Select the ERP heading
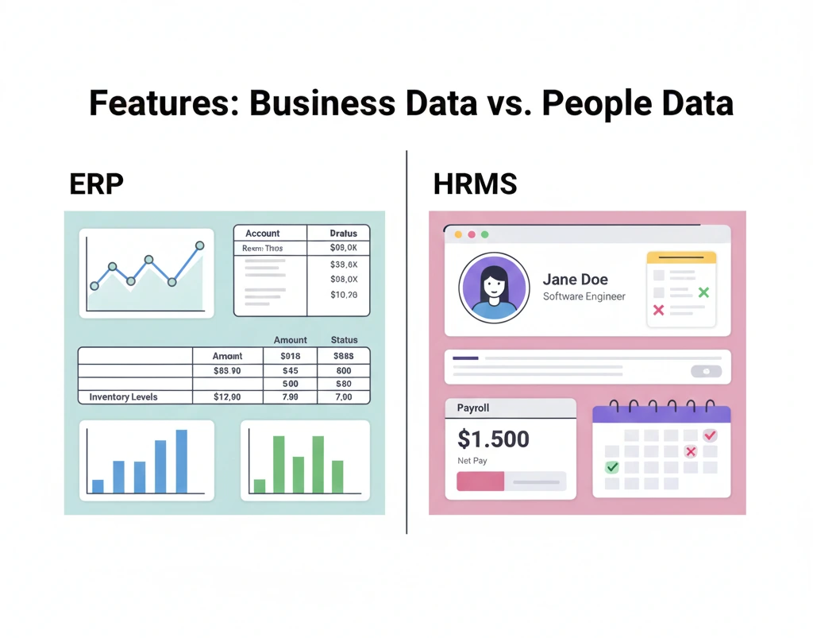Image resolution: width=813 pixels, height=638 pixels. [96, 184]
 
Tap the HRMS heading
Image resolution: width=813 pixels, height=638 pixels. [475, 184]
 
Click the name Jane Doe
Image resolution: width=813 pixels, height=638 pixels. [576, 280]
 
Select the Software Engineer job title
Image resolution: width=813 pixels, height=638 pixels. [584, 296]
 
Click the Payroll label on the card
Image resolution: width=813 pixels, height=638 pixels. [473, 408]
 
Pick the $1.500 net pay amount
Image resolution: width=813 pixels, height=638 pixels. [493, 439]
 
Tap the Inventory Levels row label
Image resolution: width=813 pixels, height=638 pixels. [123, 396]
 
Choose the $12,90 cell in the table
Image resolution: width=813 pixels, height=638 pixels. [227, 396]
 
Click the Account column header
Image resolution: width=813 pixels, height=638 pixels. [262, 234]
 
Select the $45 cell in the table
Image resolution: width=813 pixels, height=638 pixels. [290, 370]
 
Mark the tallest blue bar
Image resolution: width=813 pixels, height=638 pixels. [181, 461]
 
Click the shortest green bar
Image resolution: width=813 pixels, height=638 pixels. [259, 485]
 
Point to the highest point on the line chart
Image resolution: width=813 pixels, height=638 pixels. [199, 246]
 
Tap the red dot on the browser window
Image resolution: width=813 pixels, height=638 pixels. [471, 234]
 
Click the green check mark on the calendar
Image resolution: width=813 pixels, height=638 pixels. [611, 467]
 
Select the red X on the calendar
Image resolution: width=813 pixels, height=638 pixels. [691, 451]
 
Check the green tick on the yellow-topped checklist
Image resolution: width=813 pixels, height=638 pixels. [703, 293]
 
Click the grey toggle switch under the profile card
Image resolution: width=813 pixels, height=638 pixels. [706, 371]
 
